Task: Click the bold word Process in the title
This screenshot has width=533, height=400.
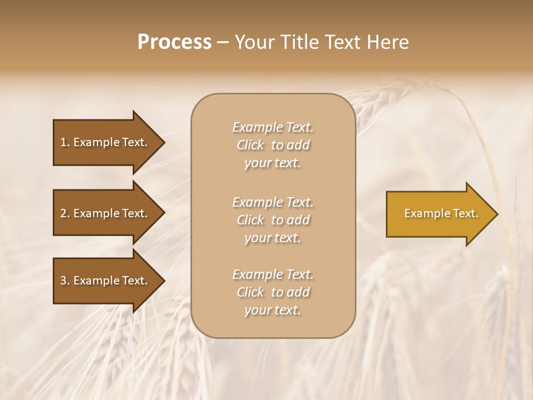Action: [x=174, y=42]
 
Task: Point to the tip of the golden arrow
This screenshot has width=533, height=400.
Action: [x=496, y=214]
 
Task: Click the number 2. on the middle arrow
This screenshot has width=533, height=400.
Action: [x=65, y=213]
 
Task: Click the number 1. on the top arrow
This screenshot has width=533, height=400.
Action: [x=65, y=142]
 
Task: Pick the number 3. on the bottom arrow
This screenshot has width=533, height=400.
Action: [x=65, y=281]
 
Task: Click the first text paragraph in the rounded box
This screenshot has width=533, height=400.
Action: [x=273, y=145]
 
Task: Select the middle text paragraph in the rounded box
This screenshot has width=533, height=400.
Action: [x=273, y=220]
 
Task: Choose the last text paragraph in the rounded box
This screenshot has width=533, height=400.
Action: [x=273, y=292]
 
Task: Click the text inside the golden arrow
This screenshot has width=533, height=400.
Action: [x=441, y=213]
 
